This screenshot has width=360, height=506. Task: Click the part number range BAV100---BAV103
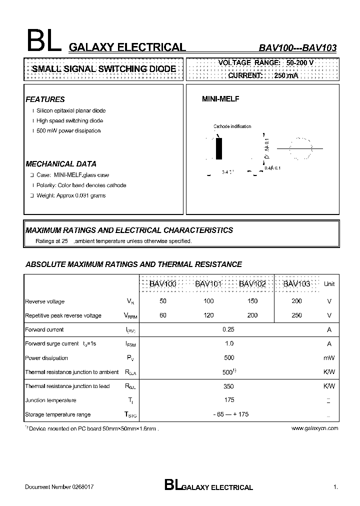tap(297, 48)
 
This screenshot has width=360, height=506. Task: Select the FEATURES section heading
tap(45, 99)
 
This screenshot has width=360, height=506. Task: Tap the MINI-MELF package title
tap(220, 99)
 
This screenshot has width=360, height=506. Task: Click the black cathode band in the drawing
tap(218, 148)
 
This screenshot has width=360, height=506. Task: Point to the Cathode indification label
tap(232, 126)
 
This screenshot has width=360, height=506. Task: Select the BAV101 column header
tap(208, 284)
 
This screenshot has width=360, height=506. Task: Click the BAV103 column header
tap(297, 284)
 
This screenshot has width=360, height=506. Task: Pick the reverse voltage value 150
tap(252, 301)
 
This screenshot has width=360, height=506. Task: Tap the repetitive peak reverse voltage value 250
tap(296, 315)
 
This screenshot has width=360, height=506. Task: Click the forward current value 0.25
tap(228, 329)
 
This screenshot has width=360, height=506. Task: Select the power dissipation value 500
tap(228, 358)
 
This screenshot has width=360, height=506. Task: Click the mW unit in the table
tap(329, 358)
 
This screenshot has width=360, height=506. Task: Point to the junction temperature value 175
tap(228, 400)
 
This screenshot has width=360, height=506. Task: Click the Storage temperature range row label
tap(58, 414)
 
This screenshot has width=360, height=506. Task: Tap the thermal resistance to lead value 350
tap(228, 386)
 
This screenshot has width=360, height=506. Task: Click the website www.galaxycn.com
tap(314, 428)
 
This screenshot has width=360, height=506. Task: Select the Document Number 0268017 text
tap(59, 486)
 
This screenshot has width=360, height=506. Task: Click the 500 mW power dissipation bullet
tap(68, 131)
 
